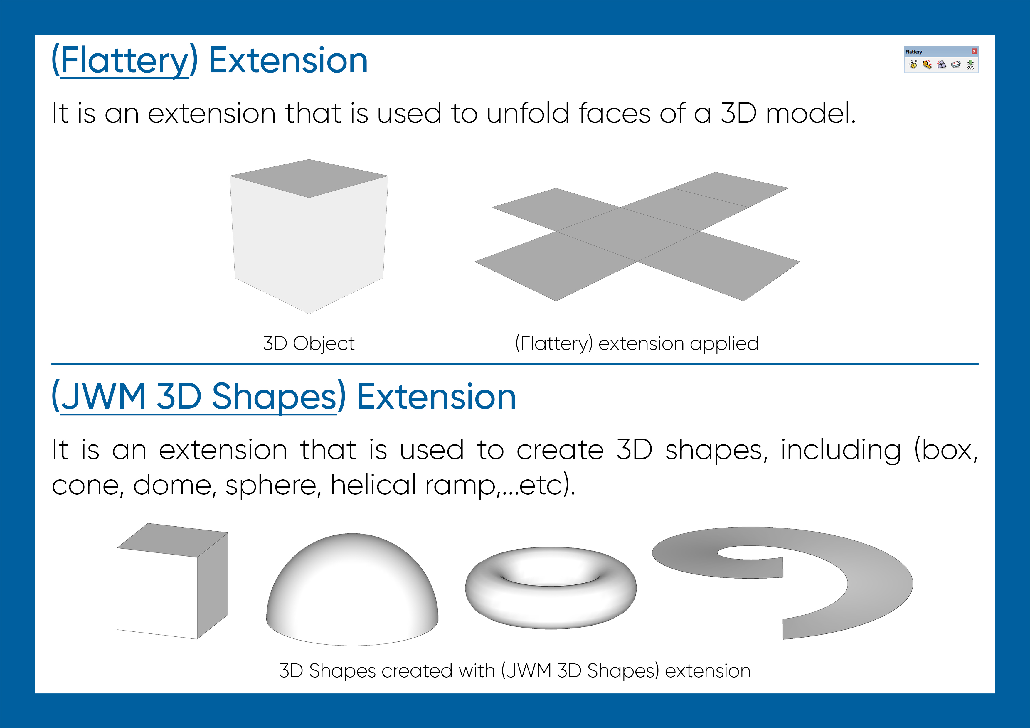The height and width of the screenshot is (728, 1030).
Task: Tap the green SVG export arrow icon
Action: pyautogui.click(x=970, y=65)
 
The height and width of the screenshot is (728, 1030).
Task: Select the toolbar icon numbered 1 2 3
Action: pyautogui.click(x=913, y=65)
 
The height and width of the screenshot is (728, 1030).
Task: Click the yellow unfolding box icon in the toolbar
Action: pyautogui.click(x=927, y=65)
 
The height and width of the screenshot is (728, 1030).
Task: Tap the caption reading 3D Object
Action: pyautogui.click(x=309, y=343)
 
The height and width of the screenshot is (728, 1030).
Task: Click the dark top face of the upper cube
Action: pyautogui.click(x=309, y=178)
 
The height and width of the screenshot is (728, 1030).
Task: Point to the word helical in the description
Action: pyautogui.click(x=373, y=485)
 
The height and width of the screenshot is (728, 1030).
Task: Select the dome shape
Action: pyautogui.click(x=352, y=588)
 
